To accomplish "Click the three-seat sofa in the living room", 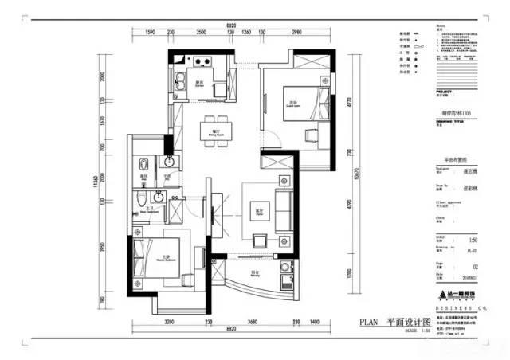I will click(x=283, y=210).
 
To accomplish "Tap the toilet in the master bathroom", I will click(x=140, y=199).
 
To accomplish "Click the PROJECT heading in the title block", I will click(x=446, y=92).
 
